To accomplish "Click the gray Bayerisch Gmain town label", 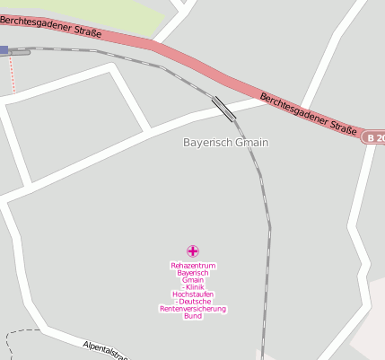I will (225, 143).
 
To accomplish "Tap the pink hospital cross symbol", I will (192, 250).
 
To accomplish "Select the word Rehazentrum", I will (193, 266).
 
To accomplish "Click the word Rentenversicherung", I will (193, 309).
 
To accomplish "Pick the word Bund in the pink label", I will (193, 316).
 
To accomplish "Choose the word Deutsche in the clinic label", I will (194, 302).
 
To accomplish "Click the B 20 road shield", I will (374, 137).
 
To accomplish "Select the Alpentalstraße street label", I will (105, 350).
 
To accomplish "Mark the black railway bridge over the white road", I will (223, 108).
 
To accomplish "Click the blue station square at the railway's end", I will (4, 50).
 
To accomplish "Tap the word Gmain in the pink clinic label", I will (193, 280).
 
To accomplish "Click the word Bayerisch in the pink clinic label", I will (193, 273).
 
